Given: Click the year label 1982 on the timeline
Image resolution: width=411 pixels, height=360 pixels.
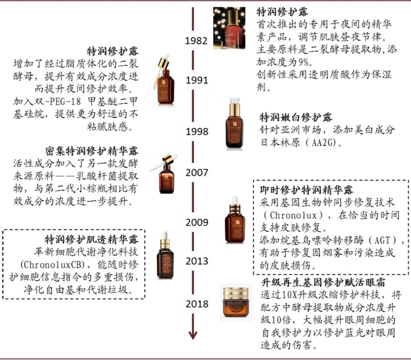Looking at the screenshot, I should coord(196,41).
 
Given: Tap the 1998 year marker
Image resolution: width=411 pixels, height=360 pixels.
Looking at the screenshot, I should coord(197,132).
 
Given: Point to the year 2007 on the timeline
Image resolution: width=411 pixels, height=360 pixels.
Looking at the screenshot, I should coord(196,172).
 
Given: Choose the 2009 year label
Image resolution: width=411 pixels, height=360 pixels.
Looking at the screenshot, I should coord(196,223).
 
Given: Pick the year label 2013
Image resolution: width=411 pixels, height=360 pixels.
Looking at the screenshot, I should coord(196,261).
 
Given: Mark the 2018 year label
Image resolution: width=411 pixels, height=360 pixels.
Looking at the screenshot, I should coord(196,304).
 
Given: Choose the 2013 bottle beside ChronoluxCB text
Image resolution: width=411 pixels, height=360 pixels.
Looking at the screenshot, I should coord(165,258).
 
